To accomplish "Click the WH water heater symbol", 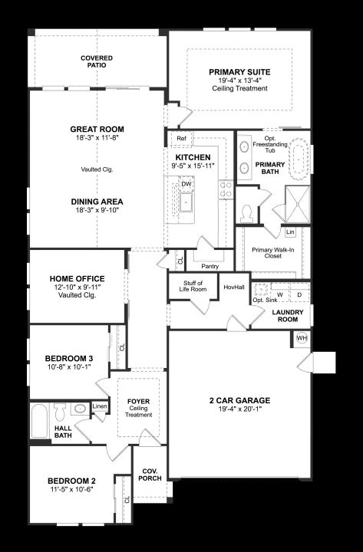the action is pos(302,338).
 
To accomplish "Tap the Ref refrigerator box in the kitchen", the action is pos(181,138).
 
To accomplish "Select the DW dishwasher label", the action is pos(186,184).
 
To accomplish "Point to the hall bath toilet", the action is pos(61,412).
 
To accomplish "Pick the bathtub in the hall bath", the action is pos(39,421).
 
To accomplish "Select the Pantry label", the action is pos(210,267).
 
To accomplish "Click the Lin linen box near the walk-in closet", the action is pos(290,232).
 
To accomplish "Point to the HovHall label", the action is pos(234,287).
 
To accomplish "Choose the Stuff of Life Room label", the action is pos(193,286).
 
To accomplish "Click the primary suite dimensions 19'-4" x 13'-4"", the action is pos(239,80).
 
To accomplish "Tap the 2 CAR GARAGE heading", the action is pos(240,401).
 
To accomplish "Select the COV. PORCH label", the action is pos(150,475).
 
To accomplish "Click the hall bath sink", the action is pos(81,409).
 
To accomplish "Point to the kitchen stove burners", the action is pos(226,189).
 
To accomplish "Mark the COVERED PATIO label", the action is pos(97,61).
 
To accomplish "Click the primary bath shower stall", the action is pos(298,204).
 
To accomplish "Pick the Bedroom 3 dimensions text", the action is pos(69,366).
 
